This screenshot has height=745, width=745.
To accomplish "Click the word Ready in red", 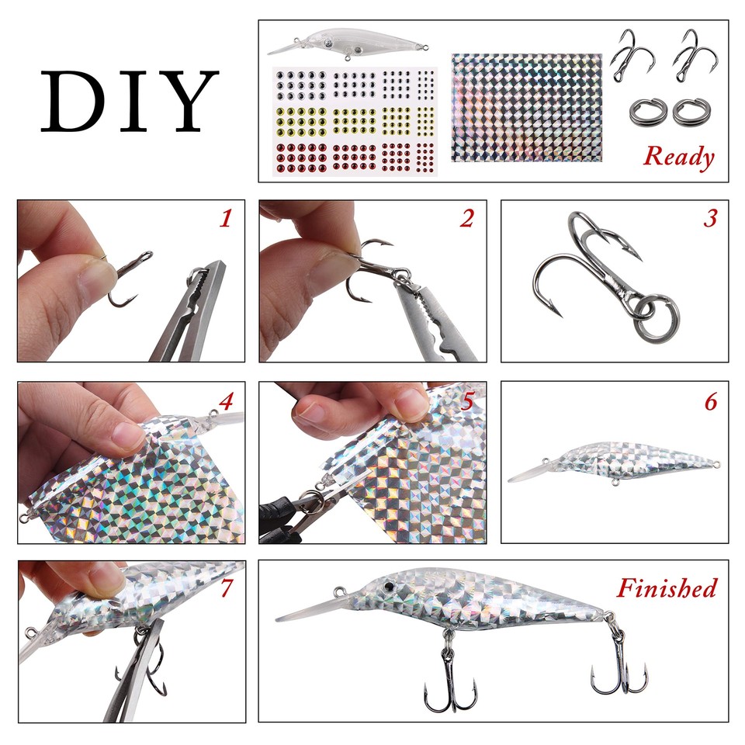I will tap(678, 157).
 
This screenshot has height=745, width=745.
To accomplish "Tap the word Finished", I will tap(666, 588).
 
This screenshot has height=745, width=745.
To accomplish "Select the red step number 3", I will tap(709, 219).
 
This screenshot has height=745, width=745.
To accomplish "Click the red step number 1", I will tap(226, 220).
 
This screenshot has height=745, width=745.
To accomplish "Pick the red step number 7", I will tap(227, 588).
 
